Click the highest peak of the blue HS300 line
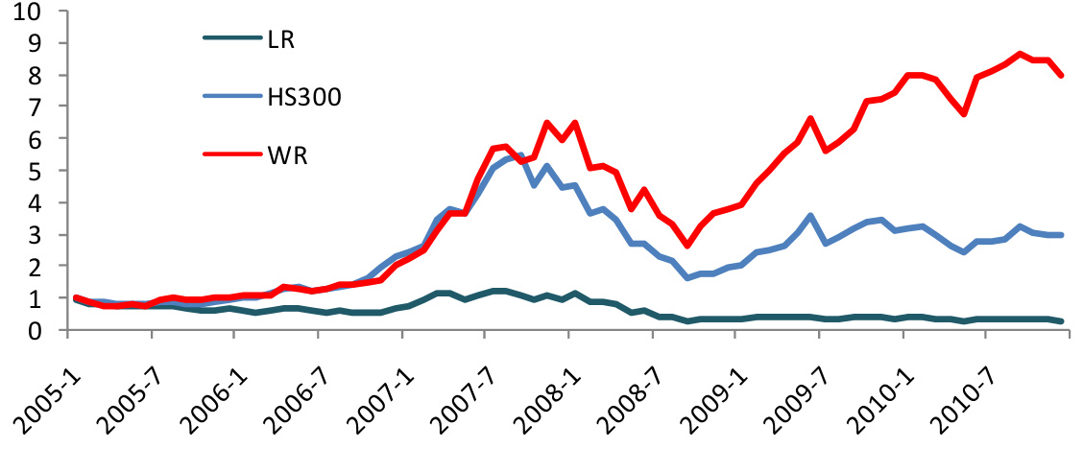click(519, 154)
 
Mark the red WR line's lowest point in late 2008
click(686, 246)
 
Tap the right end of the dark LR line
click(1062, 321)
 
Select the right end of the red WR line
click(1062, 75)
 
